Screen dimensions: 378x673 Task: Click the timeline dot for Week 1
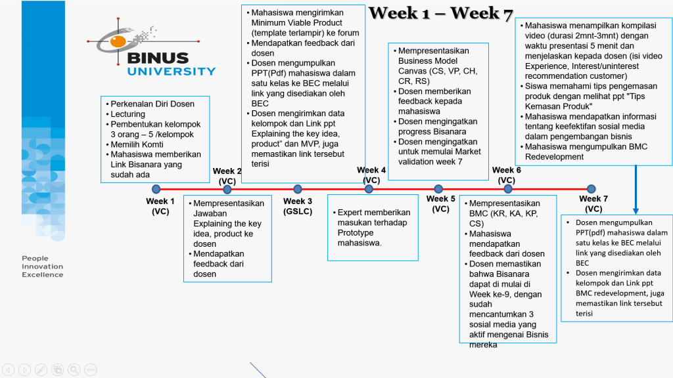coord(156,189)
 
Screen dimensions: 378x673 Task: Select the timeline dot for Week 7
coord(591,189)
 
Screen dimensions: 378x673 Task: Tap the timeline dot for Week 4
coord(369,189)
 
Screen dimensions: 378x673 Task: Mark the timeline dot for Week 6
coord(508,189)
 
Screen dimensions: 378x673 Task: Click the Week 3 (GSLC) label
coord(298,206)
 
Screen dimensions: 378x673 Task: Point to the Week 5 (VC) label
coord(440,204)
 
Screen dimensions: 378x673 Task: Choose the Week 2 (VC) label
coord(227,176)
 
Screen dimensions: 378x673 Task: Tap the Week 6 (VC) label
coord(506,175)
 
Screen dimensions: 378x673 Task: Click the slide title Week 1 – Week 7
coord(440,14)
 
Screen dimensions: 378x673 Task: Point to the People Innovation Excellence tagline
coord(43,266)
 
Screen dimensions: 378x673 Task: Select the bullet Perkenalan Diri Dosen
coord(152,104)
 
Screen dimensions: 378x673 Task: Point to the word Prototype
coord(356,233)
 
